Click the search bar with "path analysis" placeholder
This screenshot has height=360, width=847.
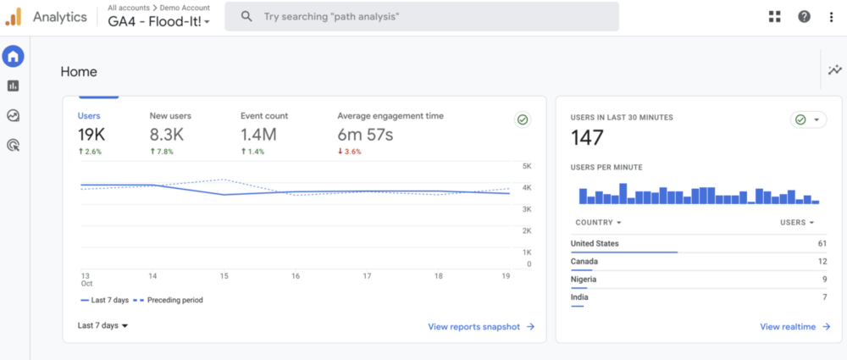coord(421,16)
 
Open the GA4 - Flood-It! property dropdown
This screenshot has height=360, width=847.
coord(159,22)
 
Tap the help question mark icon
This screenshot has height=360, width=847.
coord(804,16)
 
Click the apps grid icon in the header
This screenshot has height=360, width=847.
coord(774,16)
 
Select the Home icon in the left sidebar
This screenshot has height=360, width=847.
coord(13,57)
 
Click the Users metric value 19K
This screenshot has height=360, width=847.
coord(91,134)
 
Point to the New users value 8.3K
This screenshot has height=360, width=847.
coord(168,134)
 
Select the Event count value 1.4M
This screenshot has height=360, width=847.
coord(258,134)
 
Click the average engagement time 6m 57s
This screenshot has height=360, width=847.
coord(365,134)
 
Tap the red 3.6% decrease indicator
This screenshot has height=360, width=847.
coord(349,152)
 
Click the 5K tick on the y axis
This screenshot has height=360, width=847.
coord(526,166)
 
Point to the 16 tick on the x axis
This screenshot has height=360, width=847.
coord(296,276)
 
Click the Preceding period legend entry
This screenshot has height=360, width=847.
coord(174,300)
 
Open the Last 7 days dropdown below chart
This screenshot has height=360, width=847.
coord(102,325)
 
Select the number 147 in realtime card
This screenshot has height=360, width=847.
coord(586,138)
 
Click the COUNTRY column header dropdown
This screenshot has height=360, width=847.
coord(598,223)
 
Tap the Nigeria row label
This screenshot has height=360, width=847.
coord(584,280)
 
